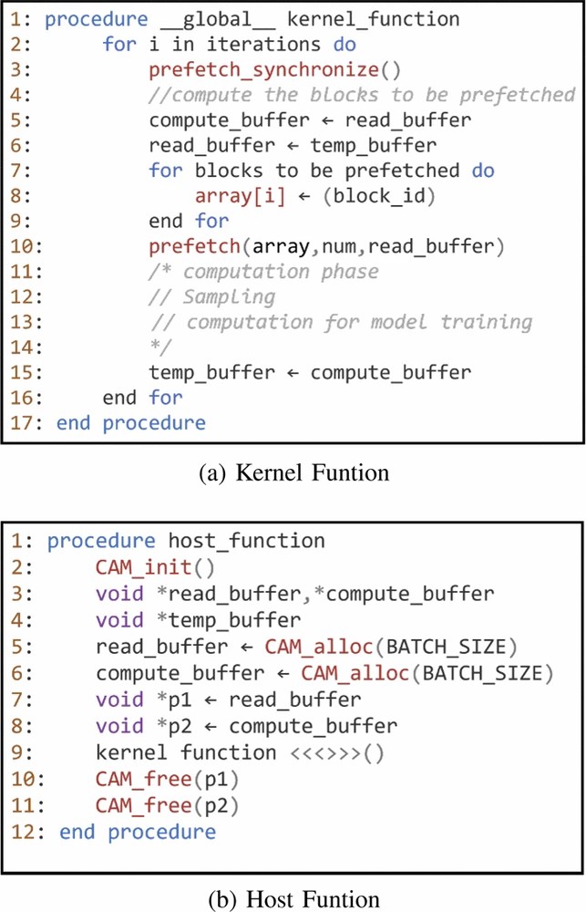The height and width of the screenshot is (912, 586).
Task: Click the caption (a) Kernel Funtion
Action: point(293,473)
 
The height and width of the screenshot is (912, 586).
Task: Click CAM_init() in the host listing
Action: point(153,567)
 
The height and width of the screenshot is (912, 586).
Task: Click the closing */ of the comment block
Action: point(159,347)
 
